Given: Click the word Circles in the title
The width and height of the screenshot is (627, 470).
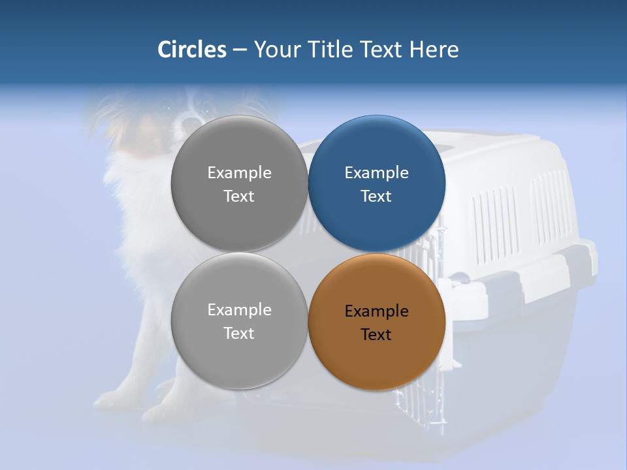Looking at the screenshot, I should point(191,50).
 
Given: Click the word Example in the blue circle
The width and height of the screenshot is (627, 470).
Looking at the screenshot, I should point(376,173).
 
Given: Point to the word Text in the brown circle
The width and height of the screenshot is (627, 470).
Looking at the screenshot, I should point(376,335).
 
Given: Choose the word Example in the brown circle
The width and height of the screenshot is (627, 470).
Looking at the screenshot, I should point(376,311).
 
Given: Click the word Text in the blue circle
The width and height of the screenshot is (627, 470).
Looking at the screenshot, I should point(376,196).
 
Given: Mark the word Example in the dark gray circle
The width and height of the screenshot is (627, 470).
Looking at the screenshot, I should point(239,173).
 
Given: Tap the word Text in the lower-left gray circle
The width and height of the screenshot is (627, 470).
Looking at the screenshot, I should point(239,334).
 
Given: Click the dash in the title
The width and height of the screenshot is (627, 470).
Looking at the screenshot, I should point(240,50).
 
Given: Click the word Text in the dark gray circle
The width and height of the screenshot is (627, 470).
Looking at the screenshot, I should point(239,196).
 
